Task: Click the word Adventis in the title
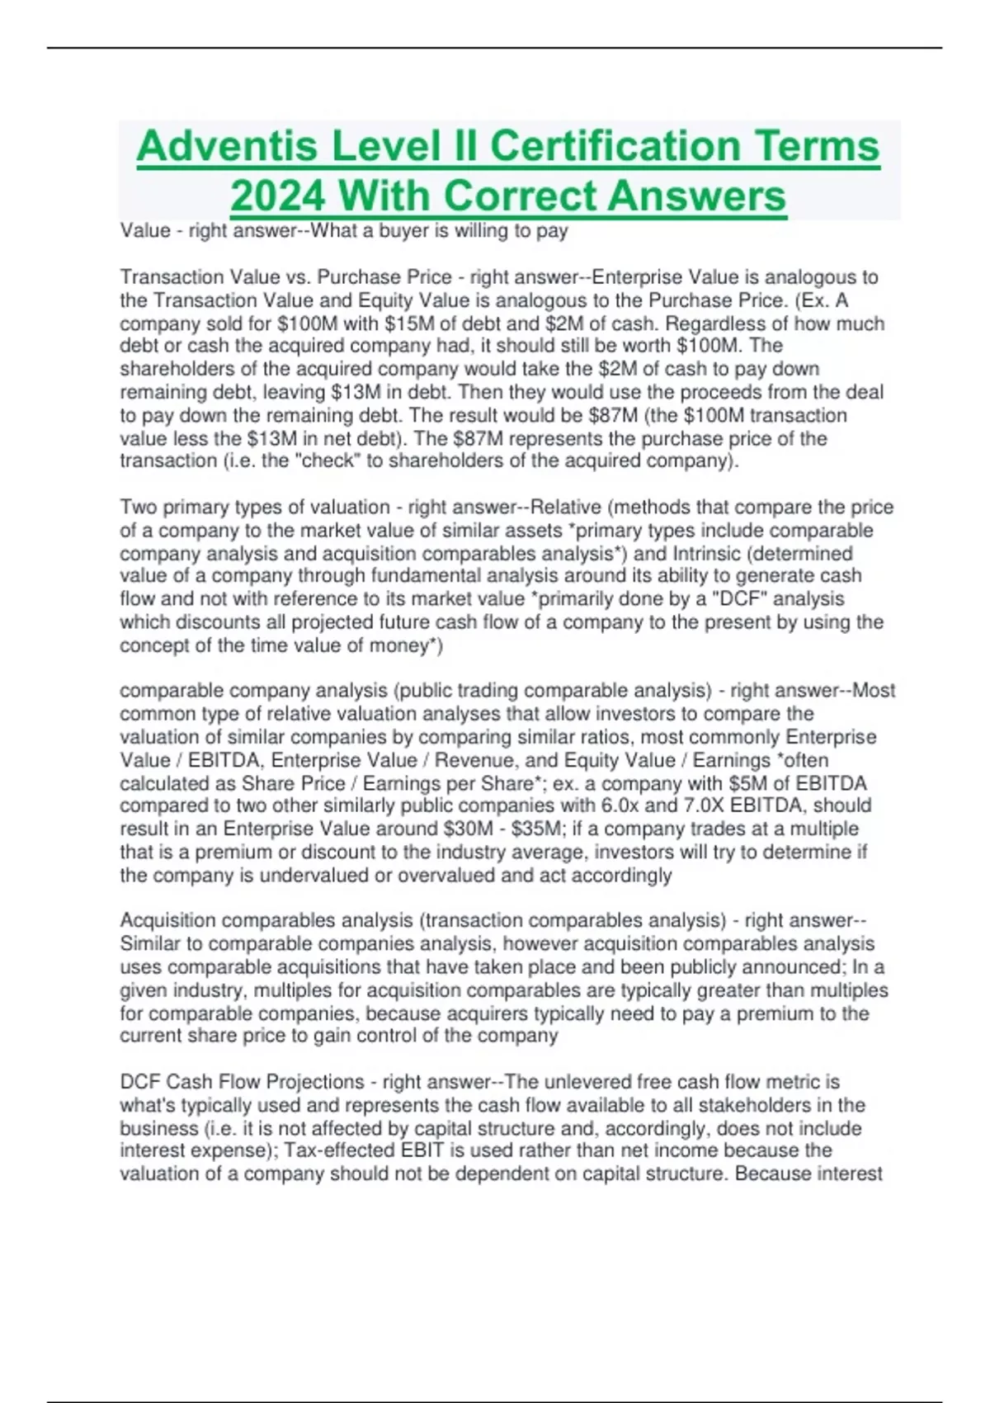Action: [x=227, y=147]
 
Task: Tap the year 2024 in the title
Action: [x=277, y=196]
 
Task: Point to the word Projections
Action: [x=317, y=1082]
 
